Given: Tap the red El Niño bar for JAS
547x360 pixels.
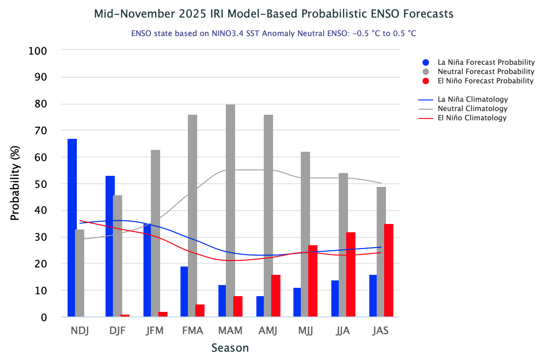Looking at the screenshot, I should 389,270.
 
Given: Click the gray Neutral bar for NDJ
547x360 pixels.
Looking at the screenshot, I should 80,273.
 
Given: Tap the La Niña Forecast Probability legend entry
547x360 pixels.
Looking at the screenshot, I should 486,62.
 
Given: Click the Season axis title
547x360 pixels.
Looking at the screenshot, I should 230,348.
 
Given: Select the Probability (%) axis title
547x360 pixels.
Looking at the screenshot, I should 15,184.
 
